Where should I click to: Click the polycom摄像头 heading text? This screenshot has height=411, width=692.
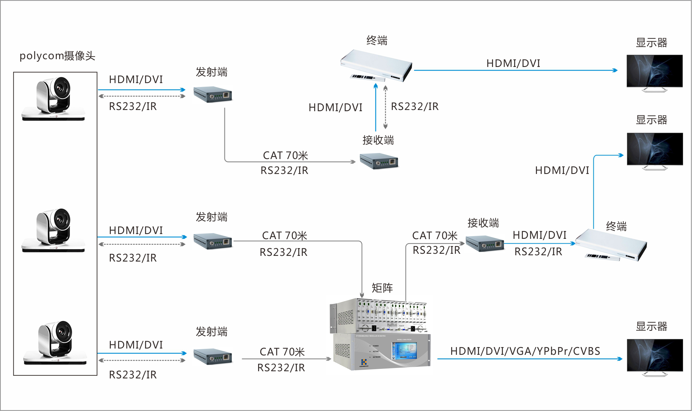57,56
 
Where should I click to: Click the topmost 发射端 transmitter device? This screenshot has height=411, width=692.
212,94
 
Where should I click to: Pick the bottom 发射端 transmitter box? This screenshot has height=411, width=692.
212,356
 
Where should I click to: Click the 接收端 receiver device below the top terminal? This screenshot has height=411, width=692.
379,161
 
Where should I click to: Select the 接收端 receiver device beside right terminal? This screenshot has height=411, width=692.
485,244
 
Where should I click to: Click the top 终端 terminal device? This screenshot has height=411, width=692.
377,65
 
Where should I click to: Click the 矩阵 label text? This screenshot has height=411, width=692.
382,288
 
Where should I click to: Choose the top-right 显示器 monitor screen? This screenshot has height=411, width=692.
654,71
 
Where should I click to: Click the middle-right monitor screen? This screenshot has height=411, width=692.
655,149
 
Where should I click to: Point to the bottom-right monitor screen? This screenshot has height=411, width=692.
655,355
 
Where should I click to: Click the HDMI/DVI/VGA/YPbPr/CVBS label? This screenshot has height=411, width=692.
525,351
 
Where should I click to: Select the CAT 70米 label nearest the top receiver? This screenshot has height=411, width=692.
285,155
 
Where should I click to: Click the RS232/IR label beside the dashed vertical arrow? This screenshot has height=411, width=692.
414,106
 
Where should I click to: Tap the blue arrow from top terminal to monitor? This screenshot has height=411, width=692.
515,71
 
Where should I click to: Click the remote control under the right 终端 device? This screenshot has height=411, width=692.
602,257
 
